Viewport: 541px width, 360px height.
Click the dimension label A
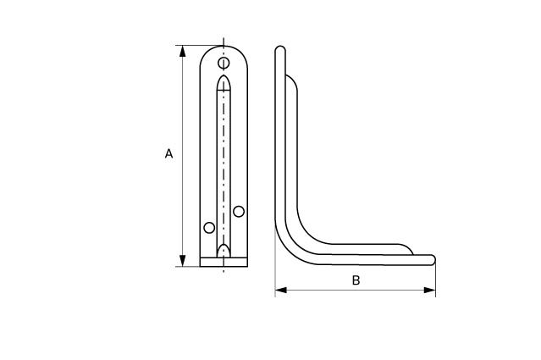click(x=168, y=154)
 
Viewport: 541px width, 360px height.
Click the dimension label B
click(x=356, y=280)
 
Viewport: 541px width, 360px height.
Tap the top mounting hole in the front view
click(x=224, y=64)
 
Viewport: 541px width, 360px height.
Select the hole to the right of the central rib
click(x=240, y=210)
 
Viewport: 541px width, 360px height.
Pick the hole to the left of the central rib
click(x=209, y=227)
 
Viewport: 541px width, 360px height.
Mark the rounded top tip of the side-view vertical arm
click(x=280, y=50)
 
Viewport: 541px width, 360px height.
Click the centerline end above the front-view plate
click(x=224, y=39)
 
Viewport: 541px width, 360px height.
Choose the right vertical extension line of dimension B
click(x=435, y=280)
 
